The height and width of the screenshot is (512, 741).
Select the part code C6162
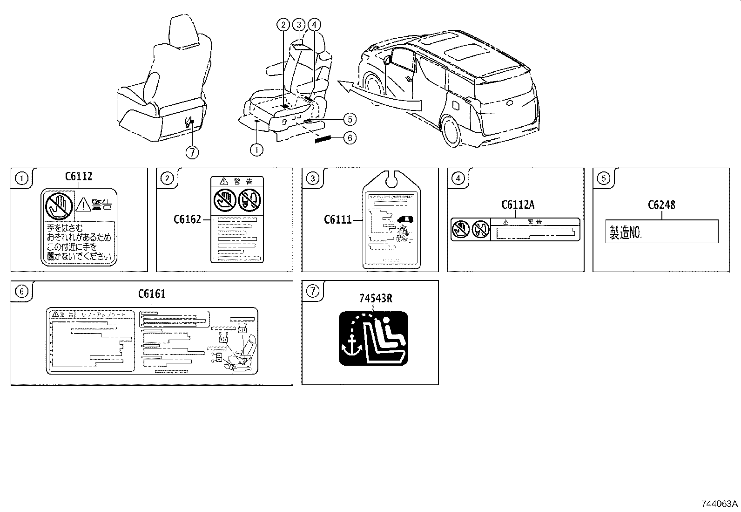point(187,219)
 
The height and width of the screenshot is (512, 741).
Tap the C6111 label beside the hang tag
point(337,219)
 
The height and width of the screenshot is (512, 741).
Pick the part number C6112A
point(518,205)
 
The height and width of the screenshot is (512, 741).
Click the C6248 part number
point(661,205)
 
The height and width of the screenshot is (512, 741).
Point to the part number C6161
point(152,294)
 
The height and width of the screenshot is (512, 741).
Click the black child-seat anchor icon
point(373,338)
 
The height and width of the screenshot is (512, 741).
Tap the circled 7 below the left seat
point(192,152)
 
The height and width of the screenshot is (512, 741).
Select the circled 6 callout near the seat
point(350,137)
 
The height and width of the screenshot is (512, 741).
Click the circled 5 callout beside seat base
point(350,119)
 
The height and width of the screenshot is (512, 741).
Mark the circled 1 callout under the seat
point(256,150)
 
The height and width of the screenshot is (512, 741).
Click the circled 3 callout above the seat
point(298,25)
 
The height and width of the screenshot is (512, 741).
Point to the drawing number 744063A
point(720,504)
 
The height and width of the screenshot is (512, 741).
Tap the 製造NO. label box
point(661,232)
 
